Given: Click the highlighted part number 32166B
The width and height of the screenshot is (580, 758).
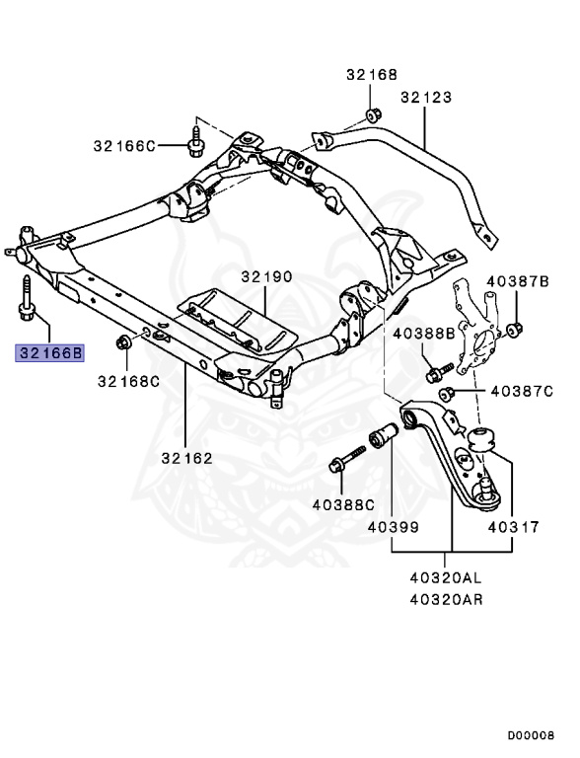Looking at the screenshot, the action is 49,353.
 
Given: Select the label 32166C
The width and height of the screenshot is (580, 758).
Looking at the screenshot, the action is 124,146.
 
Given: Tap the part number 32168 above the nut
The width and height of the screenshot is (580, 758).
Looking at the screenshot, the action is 372,74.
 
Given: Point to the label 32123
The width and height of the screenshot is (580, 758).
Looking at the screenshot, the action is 426,97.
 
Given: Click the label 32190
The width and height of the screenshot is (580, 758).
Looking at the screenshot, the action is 266,277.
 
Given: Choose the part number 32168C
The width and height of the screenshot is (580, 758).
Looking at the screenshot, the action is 128,381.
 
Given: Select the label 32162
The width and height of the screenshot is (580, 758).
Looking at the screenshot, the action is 187,458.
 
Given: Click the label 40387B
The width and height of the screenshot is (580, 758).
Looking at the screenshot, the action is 518,281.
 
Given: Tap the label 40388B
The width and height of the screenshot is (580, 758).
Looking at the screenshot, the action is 424,334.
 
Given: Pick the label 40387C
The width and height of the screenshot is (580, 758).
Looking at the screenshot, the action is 522,391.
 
